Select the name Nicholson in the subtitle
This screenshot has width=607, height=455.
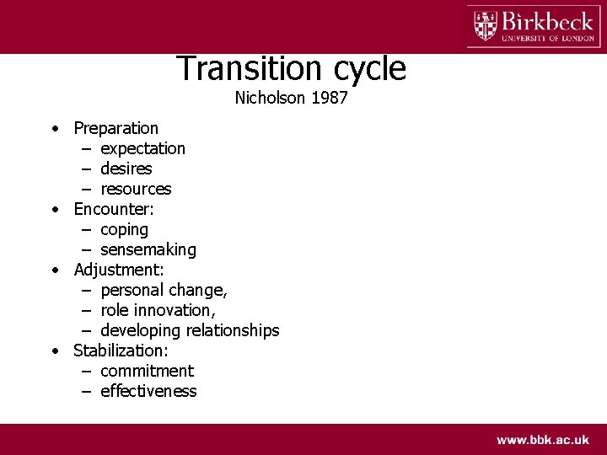[x=270, y=98]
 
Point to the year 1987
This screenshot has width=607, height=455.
[x=330, y=98]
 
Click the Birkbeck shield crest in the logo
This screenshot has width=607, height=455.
[x=486, y=25]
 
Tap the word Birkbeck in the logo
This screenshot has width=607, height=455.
[x=547, y=19]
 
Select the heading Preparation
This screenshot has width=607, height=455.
[x=115, y=128]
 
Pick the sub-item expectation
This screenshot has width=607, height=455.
[x=142, y=148]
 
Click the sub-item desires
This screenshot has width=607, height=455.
[x=126, y=169]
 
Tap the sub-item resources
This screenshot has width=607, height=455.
[x=135, y=189]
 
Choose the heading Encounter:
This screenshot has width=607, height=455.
[x=114, y=209]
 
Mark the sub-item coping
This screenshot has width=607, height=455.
[x=124, y=230]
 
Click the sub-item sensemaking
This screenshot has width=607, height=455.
[x=148, y=249]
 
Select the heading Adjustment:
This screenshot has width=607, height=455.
[x=119, y=270]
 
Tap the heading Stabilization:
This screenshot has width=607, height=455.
[x=121, y=351]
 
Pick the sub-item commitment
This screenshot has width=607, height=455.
[x=147, y=371]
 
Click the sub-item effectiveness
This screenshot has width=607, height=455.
[x=148, y=391]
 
